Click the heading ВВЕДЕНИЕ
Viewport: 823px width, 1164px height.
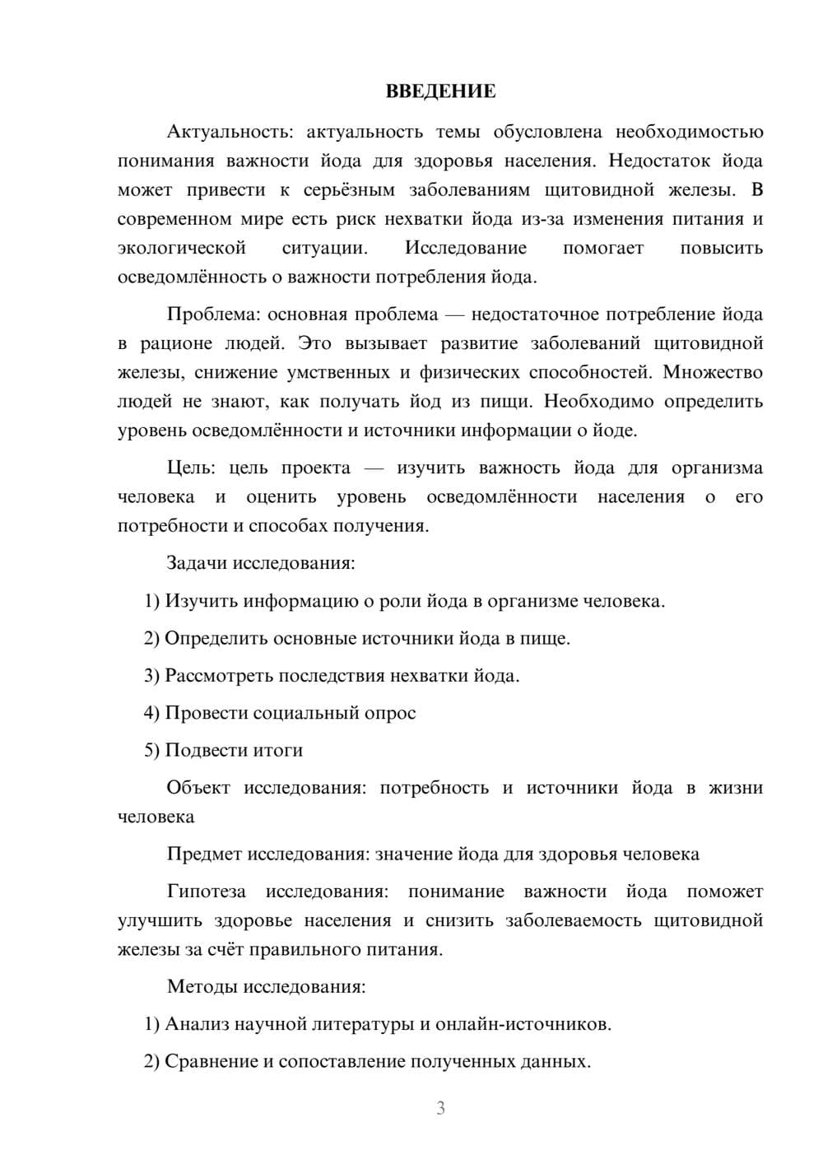(x=440, y=91)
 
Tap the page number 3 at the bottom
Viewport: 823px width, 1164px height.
(x=440, y=1108)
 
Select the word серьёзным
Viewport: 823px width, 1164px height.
(x=349, y=190)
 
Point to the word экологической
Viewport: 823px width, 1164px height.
(x=182, y=248)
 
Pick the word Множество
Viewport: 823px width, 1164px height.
(x=713, y=372)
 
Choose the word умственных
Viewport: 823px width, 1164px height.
(x=338, y=372)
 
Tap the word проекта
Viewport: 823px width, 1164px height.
(x=316, y=468)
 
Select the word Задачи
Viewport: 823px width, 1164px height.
(x=198, y=564)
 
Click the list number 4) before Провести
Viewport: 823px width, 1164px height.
(x=151, y=713)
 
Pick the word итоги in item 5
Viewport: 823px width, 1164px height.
(x=277, y=750)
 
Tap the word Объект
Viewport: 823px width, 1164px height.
(x=198, y=788)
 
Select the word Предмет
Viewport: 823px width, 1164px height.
(x=205, y=854)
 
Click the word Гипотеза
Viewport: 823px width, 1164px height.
(x=206, y=892)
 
